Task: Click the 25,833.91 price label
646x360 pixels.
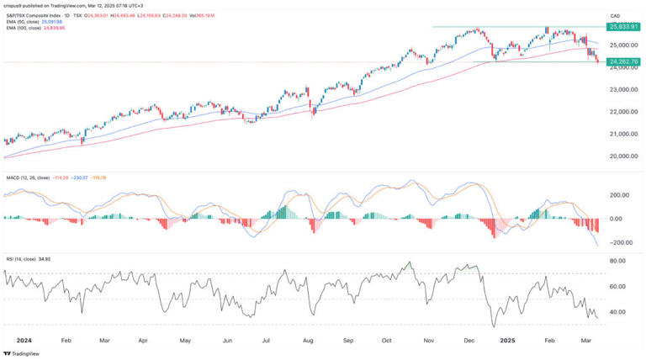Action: [x=622, y=27]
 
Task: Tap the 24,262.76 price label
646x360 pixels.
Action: [x=622, y=61]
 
